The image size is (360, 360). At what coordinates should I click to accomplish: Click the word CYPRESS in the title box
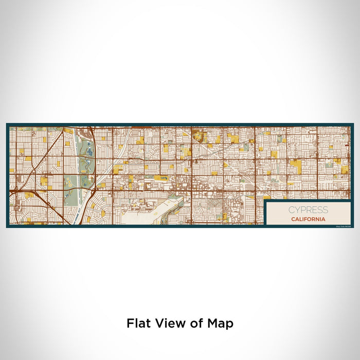click(x=307, y=210)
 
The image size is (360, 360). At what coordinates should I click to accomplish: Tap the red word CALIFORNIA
click(x=308, y=219)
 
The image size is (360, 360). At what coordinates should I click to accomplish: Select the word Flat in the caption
click(x=138, y=323)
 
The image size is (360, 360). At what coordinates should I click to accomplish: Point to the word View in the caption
click(x=167, y=323)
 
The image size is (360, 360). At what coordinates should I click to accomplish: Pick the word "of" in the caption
click(x=194, y=323)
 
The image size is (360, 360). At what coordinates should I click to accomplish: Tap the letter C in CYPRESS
click(x=292, y=210)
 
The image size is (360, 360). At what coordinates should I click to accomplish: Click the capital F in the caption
click(x=130, y=323)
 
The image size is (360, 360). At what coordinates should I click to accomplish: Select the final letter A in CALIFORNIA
click(x=323, y=219)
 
